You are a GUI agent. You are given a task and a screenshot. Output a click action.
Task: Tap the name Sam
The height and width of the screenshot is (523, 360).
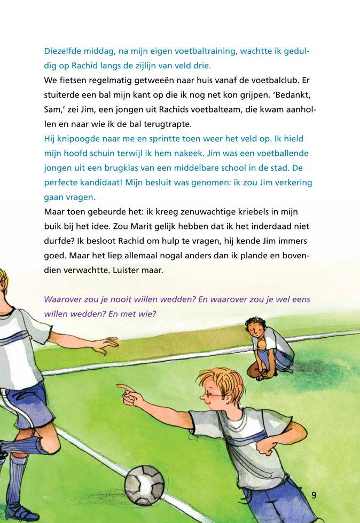click(x=54, y=109)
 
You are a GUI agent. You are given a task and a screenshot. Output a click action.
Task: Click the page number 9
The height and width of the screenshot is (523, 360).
click(x=314, y=495)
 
